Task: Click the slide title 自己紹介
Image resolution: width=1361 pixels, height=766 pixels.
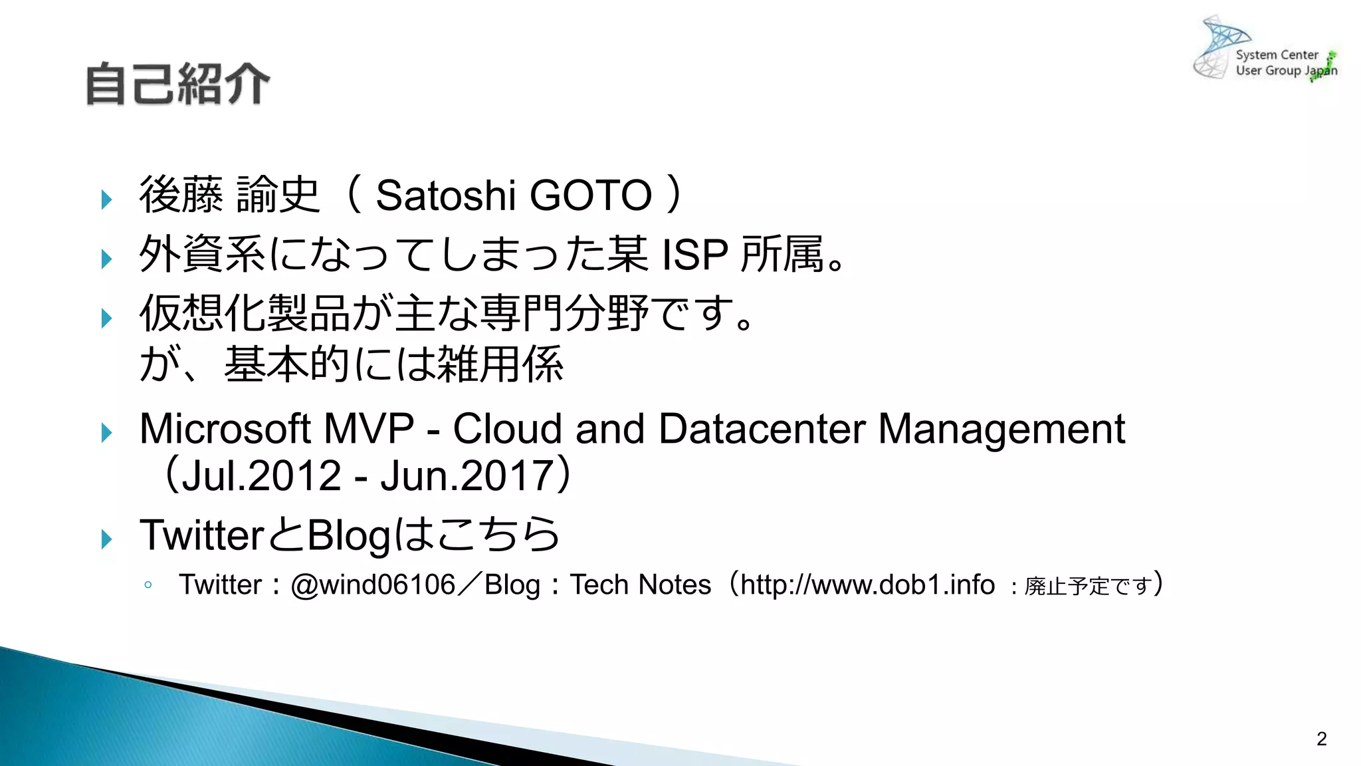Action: [x=177, y=84]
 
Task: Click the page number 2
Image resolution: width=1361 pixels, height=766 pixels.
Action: [x=1321, y=739]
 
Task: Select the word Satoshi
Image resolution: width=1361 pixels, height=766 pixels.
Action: [x=445, y=195]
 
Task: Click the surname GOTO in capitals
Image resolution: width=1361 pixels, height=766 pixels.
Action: [x=591, y=195]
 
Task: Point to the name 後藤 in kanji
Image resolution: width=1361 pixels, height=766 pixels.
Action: [x=181, y=195]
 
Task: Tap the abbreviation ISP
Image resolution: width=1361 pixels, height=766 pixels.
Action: [x=694, y=255]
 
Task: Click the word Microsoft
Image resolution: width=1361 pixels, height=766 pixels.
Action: [x=225, y=429]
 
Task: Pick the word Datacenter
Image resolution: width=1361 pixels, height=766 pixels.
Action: [x=762, y=429]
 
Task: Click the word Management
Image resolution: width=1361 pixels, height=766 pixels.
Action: [x=1001, y=429]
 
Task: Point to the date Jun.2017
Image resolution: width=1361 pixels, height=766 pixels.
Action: [x=467, y=476]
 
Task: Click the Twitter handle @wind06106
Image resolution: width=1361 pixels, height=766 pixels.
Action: [x=373, y=585]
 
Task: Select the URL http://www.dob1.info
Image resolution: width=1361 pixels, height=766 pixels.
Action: [x=867, y=585]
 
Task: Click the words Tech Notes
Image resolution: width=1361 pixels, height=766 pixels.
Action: [x=641, y=585]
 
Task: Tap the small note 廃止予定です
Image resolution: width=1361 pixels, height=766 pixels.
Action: [x=1088, y=586]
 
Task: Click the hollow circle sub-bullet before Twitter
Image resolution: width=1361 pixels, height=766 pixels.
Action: [x=148, y=585]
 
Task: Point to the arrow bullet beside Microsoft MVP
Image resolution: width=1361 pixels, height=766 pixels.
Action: [x=106, y=433]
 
